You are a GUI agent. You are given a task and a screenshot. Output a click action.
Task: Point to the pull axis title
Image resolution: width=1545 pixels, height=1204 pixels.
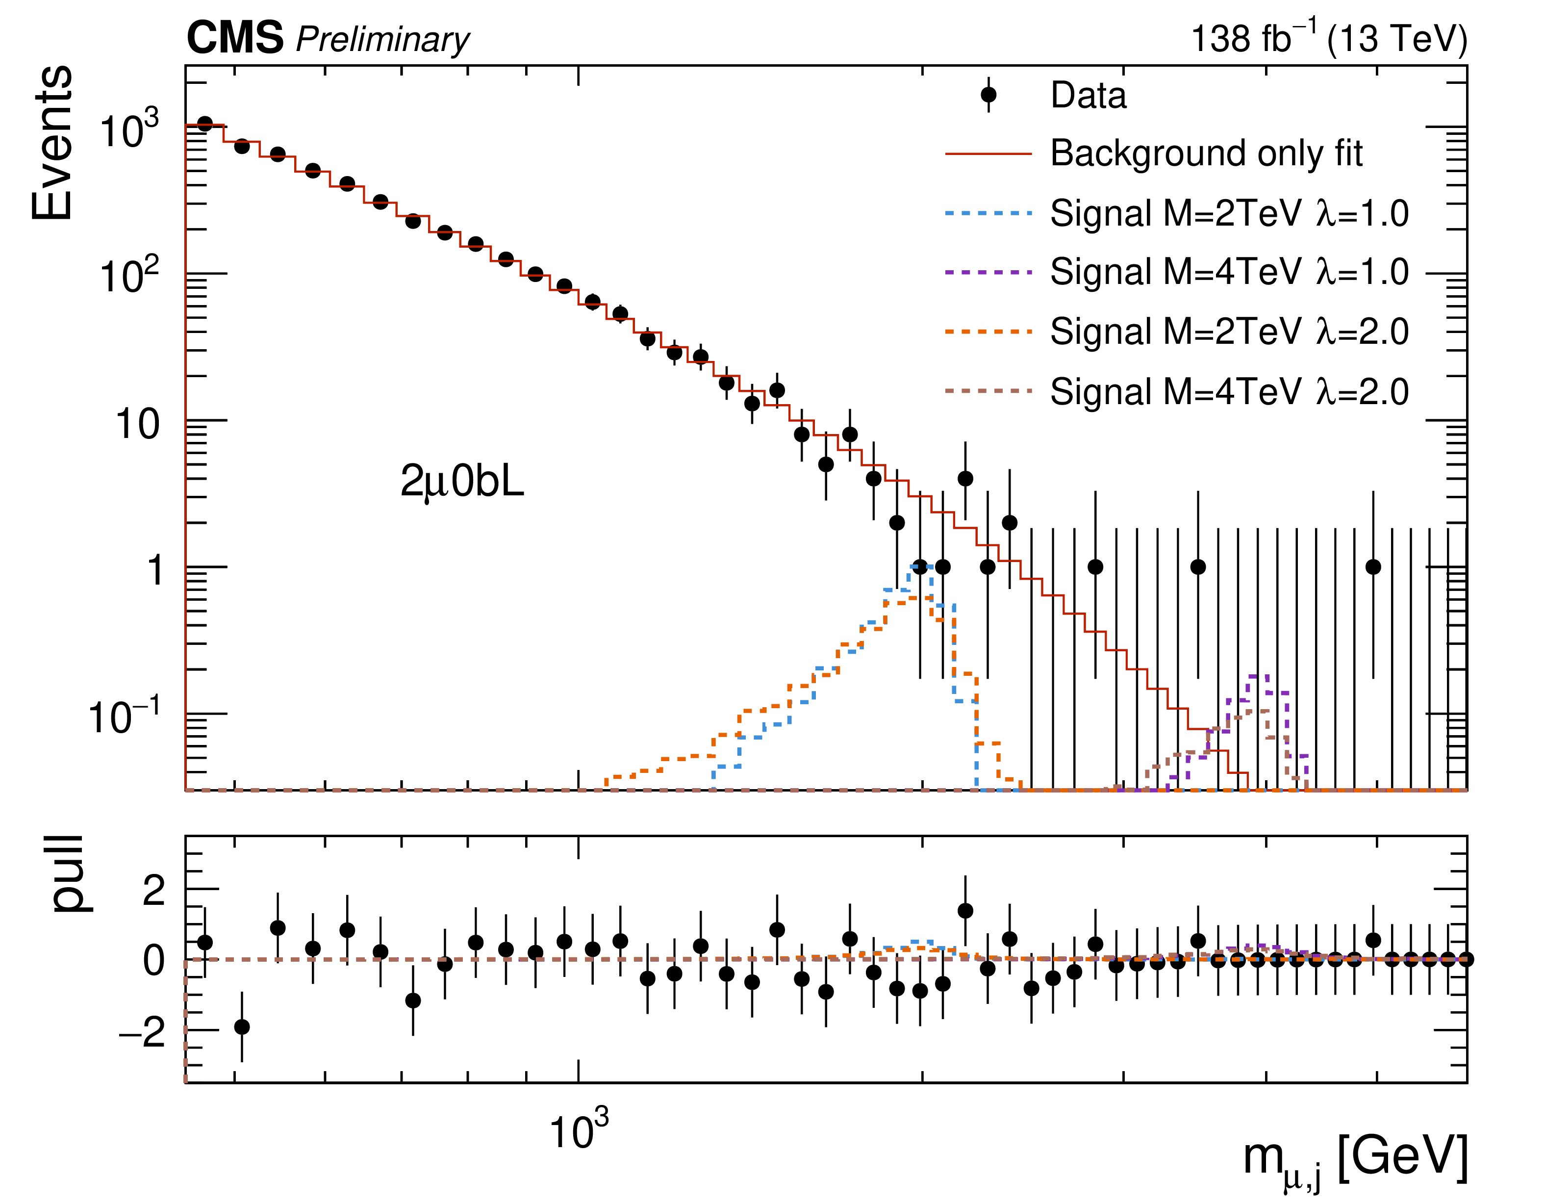tap(69, 873)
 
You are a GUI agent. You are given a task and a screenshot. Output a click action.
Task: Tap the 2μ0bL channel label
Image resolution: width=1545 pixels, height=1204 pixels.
tap(462, 482)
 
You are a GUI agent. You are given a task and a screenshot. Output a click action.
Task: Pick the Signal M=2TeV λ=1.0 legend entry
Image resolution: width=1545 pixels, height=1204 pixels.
tap(1229, 213)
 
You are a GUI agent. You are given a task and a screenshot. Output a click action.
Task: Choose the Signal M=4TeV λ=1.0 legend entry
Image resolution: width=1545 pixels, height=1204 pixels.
tap(1229, 272)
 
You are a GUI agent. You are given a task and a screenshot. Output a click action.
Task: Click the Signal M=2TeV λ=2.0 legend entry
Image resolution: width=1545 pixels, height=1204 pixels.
tap(1229, 331)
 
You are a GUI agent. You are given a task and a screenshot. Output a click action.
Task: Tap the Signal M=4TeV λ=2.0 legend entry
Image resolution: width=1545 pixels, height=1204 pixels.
tap(1229, 391)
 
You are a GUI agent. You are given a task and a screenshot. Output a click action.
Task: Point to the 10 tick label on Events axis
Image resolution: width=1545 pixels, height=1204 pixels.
tap(137, 425)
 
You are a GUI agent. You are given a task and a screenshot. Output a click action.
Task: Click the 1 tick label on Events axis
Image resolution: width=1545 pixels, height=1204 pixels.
tap(155, 570)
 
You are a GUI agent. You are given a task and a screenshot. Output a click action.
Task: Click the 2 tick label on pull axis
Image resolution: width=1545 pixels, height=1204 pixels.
tap(153, 890)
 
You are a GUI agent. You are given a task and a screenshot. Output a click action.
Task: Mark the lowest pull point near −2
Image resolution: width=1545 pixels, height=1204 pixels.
tap(242, 1026)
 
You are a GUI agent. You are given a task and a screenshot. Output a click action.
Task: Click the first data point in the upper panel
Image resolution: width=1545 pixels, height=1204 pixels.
tap(205, 125)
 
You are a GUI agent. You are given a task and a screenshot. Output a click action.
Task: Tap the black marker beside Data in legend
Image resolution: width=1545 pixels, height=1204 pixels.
tap(988, 95)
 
